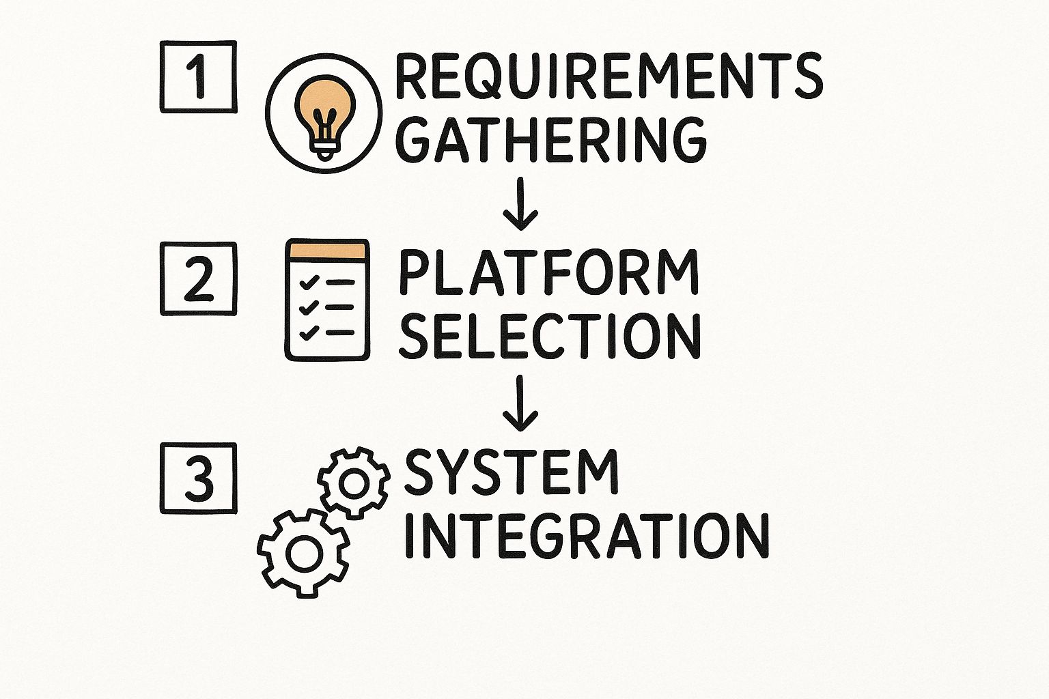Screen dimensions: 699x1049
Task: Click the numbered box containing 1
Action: click(x=198, y=76)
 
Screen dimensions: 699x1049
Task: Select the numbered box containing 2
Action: click(x=198, y=279)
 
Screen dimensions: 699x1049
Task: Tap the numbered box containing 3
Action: click(x=198, y=479)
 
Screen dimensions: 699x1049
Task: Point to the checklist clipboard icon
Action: click(x=327, y=300)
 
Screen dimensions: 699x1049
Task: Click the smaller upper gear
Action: click(x=354, y=482)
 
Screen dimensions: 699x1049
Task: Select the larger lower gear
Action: click(x=303, y=552)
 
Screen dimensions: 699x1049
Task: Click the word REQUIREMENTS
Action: click(x=609, y=76)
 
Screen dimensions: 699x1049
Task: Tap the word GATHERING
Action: click(x=550, y=139)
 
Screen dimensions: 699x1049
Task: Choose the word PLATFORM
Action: click(x=548, y=272)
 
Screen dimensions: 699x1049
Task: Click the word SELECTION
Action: click(x=550, y=336)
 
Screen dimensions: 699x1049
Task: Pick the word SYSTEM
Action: click(x=512, y=472)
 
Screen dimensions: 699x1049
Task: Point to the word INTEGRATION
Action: click(x=587, y=535)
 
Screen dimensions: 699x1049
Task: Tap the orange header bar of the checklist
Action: click(x=327, y=250)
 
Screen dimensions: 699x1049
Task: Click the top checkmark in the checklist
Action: click(x=309, y=281)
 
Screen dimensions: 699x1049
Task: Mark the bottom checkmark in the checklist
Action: click(x=309, y=332)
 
